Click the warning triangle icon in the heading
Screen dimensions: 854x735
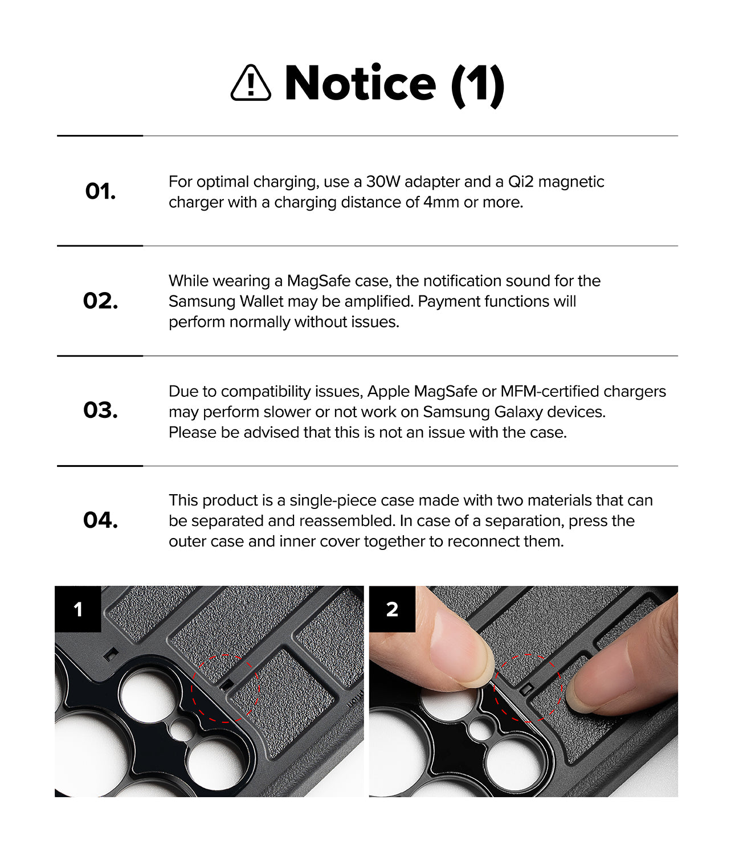(x=250, y=84)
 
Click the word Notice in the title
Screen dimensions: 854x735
(x=360, y=84)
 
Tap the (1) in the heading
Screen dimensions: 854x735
(x=477, y=85)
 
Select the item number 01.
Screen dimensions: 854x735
(x=100, y=191)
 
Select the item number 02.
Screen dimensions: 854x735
(x=100, y=301)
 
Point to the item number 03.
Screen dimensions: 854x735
(x=100, y=410)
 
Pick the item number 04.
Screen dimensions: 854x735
(x=100, y=520)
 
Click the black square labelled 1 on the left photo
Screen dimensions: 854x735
(x=78, y=609)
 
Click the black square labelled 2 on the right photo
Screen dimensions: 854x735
(x=392, y=609)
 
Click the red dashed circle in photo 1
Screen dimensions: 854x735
(x=226, y=688)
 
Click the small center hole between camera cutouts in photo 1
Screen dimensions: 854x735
(x=182, y=729)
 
